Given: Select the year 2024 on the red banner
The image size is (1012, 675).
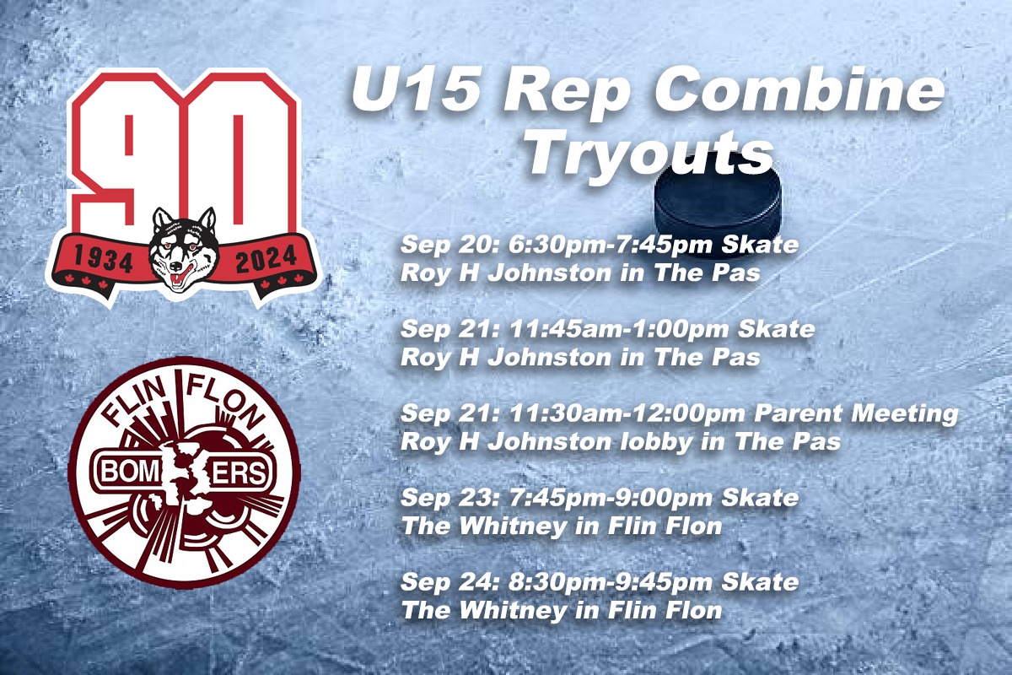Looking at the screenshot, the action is (x=266, y=259).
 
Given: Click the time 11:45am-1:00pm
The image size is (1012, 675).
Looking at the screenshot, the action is (x=618, y=329).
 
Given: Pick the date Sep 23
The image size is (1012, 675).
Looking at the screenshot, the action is (x=450, y=498).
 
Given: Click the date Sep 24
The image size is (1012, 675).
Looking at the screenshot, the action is (x=450, y=582).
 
